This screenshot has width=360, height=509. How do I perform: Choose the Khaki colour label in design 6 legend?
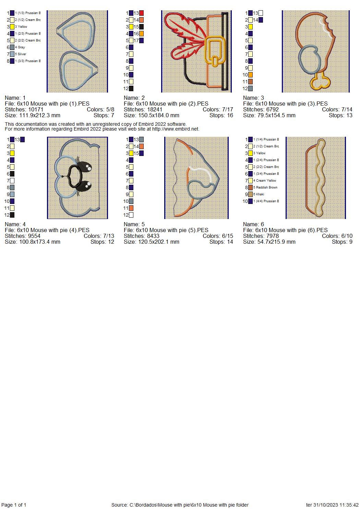[260, 194]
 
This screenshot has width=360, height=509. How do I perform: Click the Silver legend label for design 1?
[22, 54]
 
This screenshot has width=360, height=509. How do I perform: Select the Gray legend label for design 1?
[21, 47]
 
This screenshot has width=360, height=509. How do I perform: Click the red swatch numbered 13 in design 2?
[142, 13]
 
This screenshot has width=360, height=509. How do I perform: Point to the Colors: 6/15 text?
[218, 236]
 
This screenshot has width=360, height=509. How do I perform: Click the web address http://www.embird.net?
[175, 129]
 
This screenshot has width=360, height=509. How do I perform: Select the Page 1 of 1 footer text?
[14, 505]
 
